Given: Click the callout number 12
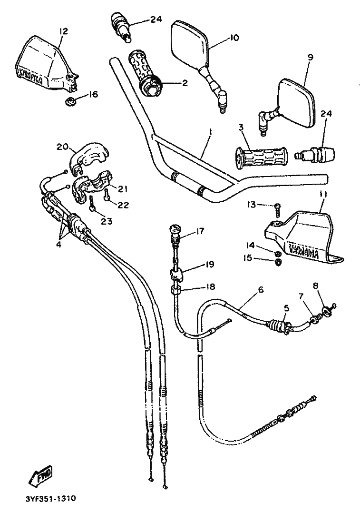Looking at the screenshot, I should click(x=63, y=31).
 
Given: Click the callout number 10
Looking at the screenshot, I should click(x=234, y=37).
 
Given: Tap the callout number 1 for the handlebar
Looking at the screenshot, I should click(x=210, y=130).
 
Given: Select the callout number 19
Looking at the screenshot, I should click(x=196, y=264).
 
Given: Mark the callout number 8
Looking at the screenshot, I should click(x=316, y=286).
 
